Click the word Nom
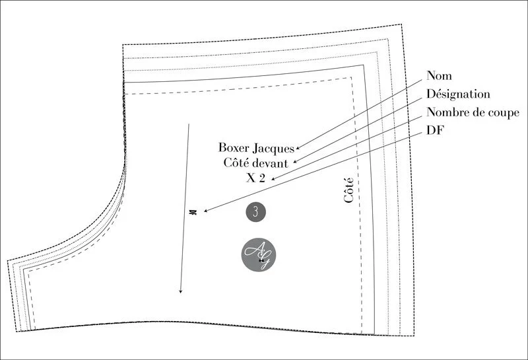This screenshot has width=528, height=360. (x=439, y=76)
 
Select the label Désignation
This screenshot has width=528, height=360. (x=458, y=94)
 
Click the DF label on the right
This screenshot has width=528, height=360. (x=436, y=130)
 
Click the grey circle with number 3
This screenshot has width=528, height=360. (x=255, y=211)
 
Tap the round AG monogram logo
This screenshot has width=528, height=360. (x=259, y=254)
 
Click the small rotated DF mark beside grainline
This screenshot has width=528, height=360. (x=193, y=212)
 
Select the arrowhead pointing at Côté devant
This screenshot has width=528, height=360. (x=294, y=162)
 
